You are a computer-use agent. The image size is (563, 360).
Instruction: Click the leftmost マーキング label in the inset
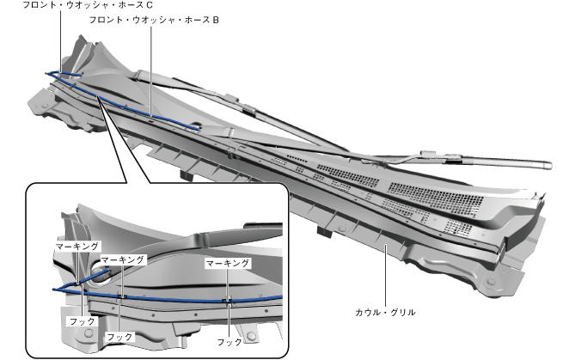click(x=78, y=247)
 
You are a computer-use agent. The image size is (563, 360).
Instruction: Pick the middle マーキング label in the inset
click(x=123, y=259)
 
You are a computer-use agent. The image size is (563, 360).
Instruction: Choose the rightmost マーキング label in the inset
click(x=228, y=263)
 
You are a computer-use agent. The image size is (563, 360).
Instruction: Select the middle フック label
click(x=119, y=337)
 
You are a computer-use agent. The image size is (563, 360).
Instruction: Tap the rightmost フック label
click(x=229, y=341)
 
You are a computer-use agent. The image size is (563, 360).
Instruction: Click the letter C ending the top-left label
click(x=150, y=5)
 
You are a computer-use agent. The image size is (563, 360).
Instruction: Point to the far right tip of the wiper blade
click(x=545, y=168)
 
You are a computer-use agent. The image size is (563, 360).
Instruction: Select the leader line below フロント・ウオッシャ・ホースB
click(x=150, y=69)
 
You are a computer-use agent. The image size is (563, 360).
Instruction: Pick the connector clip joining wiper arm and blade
click(x=248, y=109)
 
